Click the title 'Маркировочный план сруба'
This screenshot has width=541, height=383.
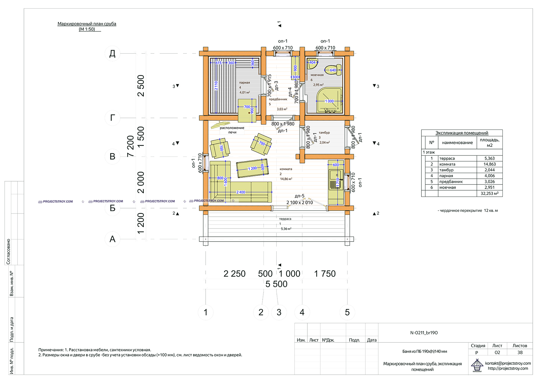[87, 24]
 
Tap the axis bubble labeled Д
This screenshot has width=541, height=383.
[112, 53]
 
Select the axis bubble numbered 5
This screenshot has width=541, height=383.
[347, 312]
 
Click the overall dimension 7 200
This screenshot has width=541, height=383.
[131, 146]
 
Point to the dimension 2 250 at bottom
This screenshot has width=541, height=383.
[234, 274]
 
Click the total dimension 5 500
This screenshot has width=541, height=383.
[276, 284]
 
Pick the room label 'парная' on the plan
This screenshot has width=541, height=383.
[245, 83]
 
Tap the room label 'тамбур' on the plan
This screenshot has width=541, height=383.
[324, 132]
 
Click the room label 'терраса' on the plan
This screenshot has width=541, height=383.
[285, 219]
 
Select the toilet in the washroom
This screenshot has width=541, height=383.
[333, 70]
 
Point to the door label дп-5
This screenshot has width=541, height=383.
[299, 196]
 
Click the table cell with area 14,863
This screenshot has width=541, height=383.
[489, 164]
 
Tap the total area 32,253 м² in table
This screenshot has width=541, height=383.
[489, 193]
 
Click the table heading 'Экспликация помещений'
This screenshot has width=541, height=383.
[462, 133]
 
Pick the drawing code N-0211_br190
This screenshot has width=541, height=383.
[424, 333]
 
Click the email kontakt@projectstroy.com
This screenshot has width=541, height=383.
[508, 363]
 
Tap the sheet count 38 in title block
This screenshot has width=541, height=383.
[520, 353]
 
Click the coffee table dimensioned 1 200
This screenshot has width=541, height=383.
[252, 168]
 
